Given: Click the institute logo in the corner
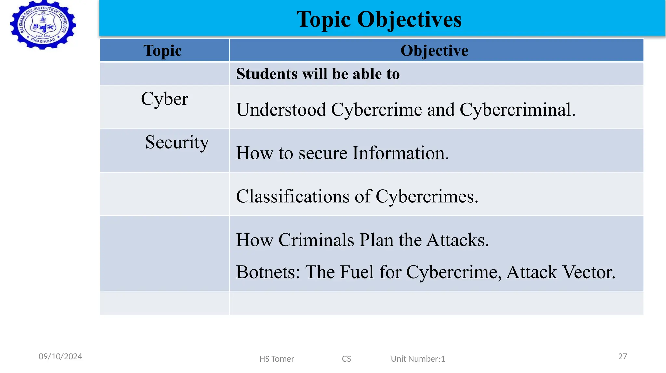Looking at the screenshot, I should pyautogui.click(x=43, y=25).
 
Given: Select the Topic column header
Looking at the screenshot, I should pyautogui.click(x=163, y=50).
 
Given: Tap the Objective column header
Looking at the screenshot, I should pyautogui.click(x=434, y=50).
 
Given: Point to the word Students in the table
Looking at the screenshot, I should pyautogui.click(x=266, y=74).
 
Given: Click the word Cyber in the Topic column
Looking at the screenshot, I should pyautogui.click(x=165, y=99).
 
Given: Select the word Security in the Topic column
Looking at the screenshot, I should pyautogui.click(x=177, y=143).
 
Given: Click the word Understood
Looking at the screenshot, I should pyautogui.click(x=281, y=109).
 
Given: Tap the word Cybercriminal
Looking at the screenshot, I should pyautogui.click(x=517, y=109).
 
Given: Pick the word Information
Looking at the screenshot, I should pyautogui.click(x=400, y=153).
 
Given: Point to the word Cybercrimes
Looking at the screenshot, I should pyautogui.click(x=427, y=197).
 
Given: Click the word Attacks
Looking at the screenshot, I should pyautogui.click(x=458, y=240).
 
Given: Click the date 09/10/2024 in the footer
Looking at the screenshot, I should pyautogui.click(x=60, y=357).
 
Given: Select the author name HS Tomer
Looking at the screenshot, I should pyautogui.click(x=277, y=359).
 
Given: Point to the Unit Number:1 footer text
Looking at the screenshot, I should pyautogui.click(x=418, y=359).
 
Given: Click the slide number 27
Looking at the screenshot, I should pyautogui.click(x=622, y=357).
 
